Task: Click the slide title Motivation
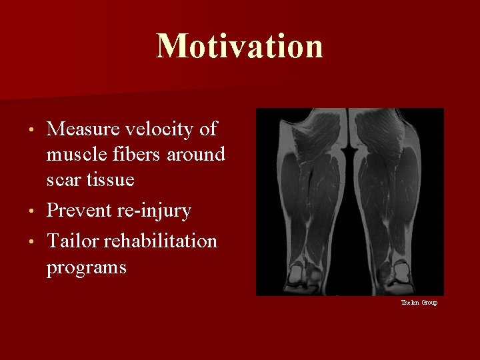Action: tap(240, 47)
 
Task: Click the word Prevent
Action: tap(79, 211)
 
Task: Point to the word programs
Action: tap(86, 268)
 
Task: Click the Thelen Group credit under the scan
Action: tap(419, 303)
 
